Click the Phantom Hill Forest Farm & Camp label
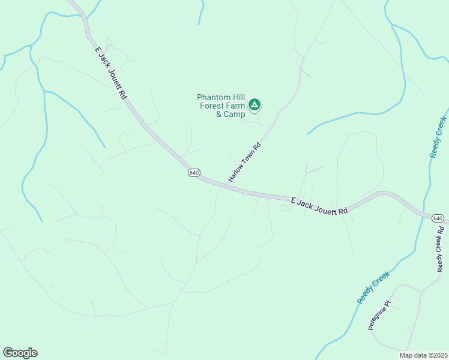pyautogui.click(x=221, y=106)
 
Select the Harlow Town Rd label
pyautogui.click(x=245, y=163)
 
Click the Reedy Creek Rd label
pyautogui.click(x=441, y=249)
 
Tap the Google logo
pyautogui.click(x=20, y=353)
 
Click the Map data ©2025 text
pyautogui.click(x=424, y=355)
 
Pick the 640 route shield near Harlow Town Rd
pyautogui.click(x=193, y=173)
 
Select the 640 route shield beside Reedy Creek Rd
pyautogui.click(x=438, y=218)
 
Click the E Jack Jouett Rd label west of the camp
pyautogui.click(x=110, y=74)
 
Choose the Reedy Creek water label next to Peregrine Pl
pyautogui.click(x=373, y=287)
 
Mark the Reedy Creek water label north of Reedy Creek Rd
pyautogui.click(x=439, y=137)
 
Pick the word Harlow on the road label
pyautogui.click(x=237, y=173)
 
